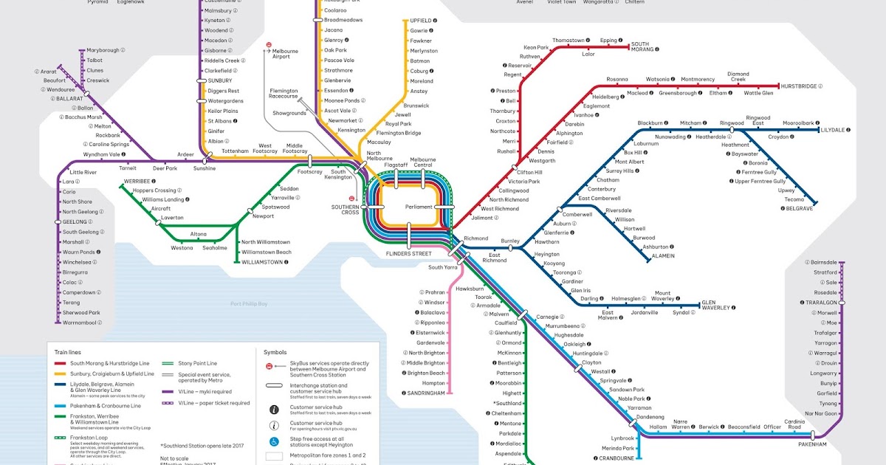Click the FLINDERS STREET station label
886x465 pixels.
click(x=408, y=254)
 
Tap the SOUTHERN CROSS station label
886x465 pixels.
click(x=344, y=210)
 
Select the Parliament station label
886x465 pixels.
click(x=419, y=207)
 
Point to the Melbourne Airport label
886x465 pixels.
click(x=286, y=53)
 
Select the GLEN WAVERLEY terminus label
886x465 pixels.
click(x=714, y=306)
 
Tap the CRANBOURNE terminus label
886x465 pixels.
click(x=617, y=458)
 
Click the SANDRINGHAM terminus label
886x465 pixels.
click(x=426, y=393)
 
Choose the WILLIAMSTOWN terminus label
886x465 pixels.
click(x=267, y=262)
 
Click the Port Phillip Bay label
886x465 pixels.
click(x=249, y=304)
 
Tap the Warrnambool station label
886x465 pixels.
click(x=81, y=323)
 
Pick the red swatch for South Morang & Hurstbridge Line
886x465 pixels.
click(x=58, y=364)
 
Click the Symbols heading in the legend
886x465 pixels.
click(x=275, y=352)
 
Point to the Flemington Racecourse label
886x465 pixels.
click(x=284, y=94)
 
